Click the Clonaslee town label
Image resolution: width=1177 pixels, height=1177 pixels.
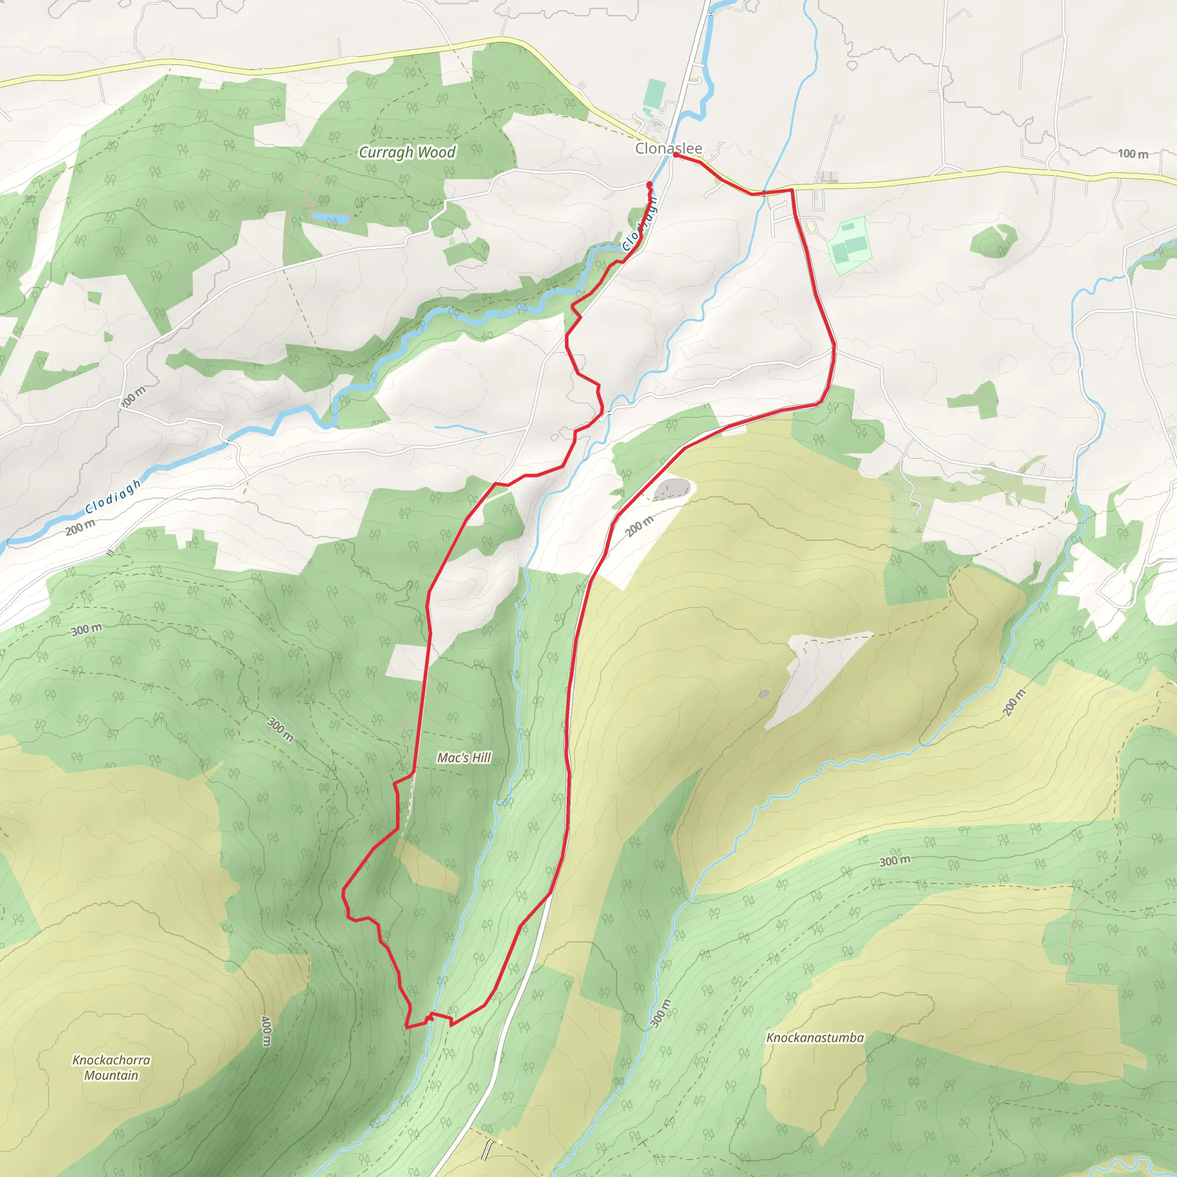(x=668, y=148)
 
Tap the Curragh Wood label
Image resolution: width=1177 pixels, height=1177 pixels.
(x=407, y=152)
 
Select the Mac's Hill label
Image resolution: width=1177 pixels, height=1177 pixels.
(x=464, y=757)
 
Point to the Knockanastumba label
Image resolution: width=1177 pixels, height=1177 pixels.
(x=814, y=1037)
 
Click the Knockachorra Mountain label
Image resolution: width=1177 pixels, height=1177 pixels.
(x=111, y=1067)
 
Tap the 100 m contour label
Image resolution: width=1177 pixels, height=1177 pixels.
(x=1133, y=153)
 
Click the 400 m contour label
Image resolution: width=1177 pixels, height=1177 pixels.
(x=266, y=1031)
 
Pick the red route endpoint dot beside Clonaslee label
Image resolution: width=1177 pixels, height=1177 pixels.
(x=676, y=155)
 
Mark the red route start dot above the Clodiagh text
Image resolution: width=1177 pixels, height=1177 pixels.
(x=649, y=183)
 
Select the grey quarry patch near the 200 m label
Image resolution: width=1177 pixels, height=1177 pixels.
(x=672, y=489)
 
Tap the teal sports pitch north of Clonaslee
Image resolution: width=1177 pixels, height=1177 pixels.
(x=655, y=93)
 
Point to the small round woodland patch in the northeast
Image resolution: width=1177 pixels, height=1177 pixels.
(x=993, y=240)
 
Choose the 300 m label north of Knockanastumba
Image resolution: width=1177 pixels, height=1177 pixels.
(x=895, y=861)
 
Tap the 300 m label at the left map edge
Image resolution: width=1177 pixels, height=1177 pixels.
(x=87, y=629)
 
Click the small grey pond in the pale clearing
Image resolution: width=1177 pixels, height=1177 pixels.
(x=764, y=693)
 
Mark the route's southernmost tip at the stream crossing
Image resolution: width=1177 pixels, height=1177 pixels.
(x=407, y=1026)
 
